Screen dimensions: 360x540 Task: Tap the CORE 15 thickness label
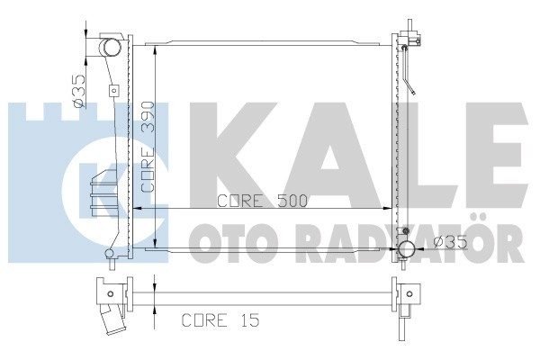(x=212, y=319)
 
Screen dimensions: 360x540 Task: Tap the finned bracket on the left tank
(x=99, y=193)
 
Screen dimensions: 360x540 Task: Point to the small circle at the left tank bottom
(x=110, y=254)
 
